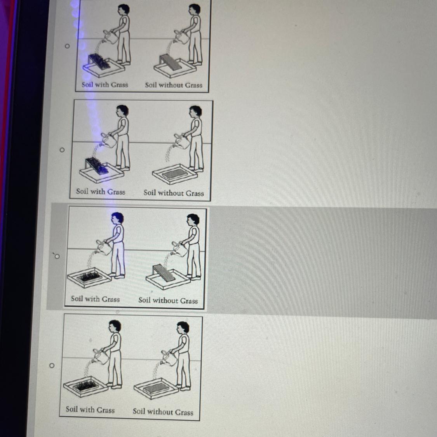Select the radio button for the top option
[67, 46]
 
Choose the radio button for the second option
[62, 150]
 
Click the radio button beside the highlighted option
[57, 256]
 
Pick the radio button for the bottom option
[52, 365]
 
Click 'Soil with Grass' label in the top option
[105, 84]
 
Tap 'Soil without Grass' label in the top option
[173, 85]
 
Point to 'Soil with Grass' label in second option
[101, 192]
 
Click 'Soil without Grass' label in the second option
[174, 193]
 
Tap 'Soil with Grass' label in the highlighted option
[95, 299]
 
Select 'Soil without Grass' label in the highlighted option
[168, 300]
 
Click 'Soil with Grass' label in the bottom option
[90, 409]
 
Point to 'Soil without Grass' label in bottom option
[163, 411]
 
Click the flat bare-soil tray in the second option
[175, 174]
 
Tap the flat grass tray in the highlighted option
[89, 277]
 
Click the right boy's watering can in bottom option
[169, 358]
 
